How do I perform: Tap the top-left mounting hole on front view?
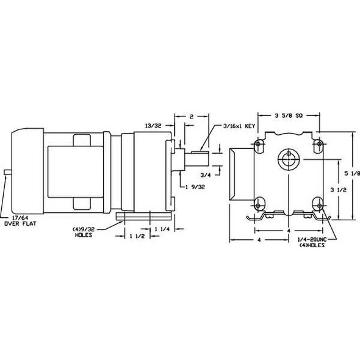pyautogui.click(x=259, y=144)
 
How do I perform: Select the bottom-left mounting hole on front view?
pyautogui.click(x=259, y=203)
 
